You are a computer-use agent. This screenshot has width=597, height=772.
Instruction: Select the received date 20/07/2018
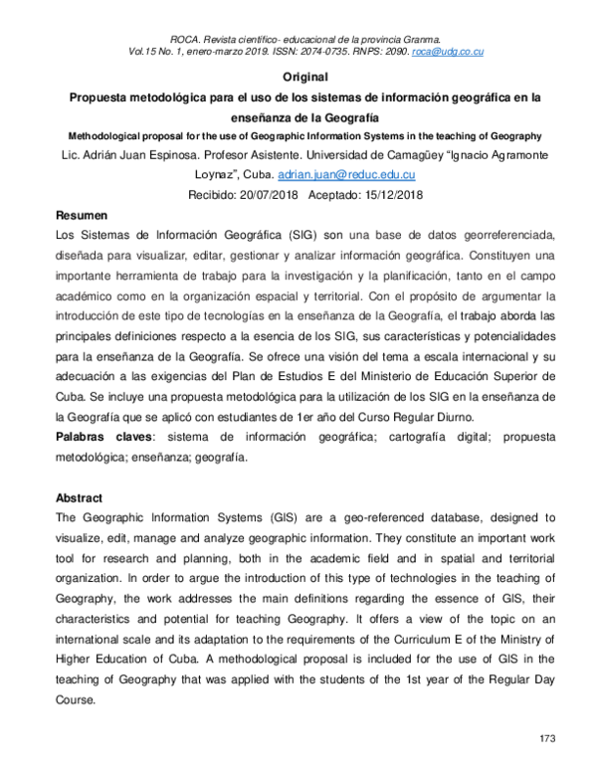coord(265,194)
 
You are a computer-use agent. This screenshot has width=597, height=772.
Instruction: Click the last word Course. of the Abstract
coord(79,699)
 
